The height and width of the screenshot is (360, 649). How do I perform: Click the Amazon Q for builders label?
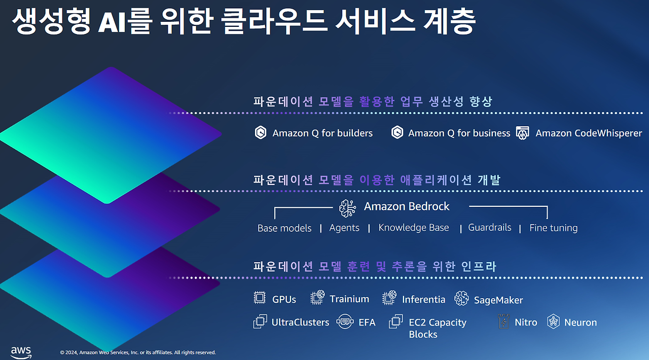[x=322, y=133]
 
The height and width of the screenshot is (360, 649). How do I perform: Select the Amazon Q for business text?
[x=459, y=133]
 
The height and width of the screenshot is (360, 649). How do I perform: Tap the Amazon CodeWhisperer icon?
[x=523, y=133]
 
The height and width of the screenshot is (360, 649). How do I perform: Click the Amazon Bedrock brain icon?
[x=348, y=207]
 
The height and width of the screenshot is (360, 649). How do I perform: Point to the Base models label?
[x=284, y=228]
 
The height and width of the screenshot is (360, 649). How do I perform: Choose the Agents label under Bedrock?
[x=344, y=228]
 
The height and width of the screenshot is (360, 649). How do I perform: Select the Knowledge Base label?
[x=414, y=228]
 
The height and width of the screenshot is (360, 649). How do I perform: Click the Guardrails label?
[x=489, y=227]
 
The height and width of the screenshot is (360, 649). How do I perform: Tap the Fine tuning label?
[x=553, y=228]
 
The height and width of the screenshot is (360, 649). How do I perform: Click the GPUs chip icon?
[x=260, y=298]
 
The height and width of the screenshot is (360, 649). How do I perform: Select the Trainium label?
[x=349, y=299]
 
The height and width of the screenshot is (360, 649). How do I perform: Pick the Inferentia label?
[x=423, y=300]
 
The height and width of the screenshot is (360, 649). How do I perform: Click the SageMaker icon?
[x=461, y=299]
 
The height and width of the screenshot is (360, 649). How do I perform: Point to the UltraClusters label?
[x=300, y=322]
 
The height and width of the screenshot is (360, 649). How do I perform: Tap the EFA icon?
[x=345, y=321]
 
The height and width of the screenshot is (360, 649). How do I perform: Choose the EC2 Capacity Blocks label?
[x=437, y=328]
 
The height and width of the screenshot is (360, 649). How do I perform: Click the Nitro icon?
[x=504, y=321]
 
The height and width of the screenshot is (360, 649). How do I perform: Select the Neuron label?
[x=580, y=322]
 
